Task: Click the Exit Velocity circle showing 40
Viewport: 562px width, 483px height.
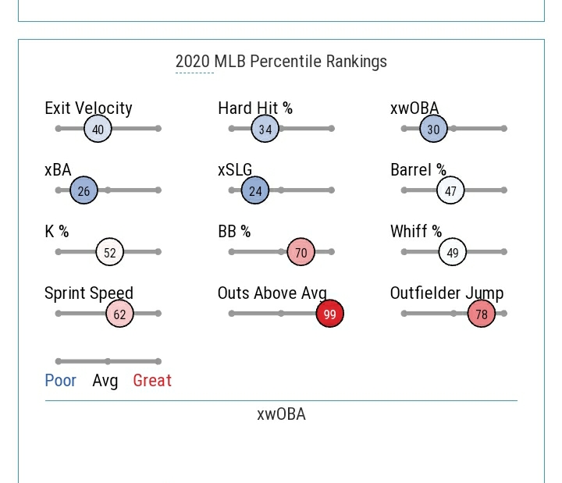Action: point(98,129)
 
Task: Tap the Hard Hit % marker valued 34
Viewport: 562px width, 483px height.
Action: point(265,129)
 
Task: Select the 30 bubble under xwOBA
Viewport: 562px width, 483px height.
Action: point(433,129)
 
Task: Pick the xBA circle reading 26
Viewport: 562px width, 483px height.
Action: point(84,190)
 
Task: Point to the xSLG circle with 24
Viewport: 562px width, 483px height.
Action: point(255,190)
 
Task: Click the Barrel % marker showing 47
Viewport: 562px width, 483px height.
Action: point(450,190)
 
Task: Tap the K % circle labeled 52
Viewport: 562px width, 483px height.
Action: point(110,252)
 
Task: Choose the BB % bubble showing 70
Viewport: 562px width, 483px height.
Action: point(301,252)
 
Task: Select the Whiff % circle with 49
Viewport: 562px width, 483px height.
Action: point(453,252)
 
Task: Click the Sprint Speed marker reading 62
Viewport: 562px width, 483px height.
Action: point(119,314)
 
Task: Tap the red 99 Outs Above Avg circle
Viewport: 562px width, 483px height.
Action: point(329,314)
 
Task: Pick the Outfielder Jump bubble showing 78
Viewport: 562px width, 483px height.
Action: point(482,314)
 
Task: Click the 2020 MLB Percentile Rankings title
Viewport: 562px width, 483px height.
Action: point(281,62)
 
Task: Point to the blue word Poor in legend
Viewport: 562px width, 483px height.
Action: point(61,381)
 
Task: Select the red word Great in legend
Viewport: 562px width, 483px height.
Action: point(152,381)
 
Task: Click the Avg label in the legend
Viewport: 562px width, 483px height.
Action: point(105,381)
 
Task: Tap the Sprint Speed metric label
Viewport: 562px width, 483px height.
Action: point(89,293)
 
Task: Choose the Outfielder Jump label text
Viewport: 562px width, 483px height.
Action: point(446,293)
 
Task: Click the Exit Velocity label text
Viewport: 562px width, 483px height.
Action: point(88,108)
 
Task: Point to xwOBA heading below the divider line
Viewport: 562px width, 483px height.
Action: point(281,414)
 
